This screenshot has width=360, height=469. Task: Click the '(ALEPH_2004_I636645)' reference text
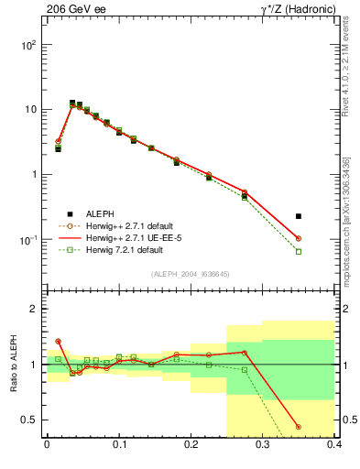[189, 273]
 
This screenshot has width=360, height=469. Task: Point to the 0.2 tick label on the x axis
[191, 445]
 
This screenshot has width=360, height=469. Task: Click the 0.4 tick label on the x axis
[334, 445]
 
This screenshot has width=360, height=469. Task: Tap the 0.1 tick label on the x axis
[118, 445]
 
